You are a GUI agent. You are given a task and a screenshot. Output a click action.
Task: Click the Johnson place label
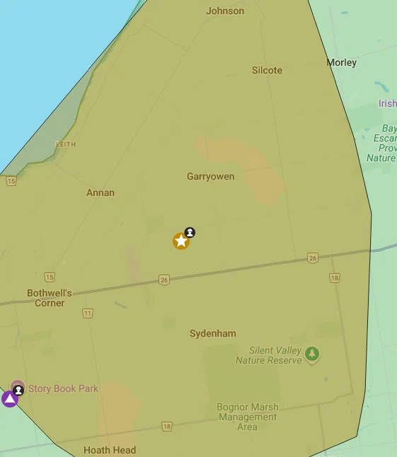pyautogui.click(x=225, y=11)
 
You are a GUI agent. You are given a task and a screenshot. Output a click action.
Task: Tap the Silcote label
pyautogui.click(x=267, y=70)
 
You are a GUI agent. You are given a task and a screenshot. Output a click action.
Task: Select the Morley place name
pyautogui.click(x=341, y=62)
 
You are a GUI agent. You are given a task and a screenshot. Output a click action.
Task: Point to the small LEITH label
pyautogui.click(x=65, y=144)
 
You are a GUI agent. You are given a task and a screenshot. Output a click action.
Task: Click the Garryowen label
pyautogui.click(x=210, y=176)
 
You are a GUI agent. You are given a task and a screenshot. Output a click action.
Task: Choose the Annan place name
pyautogui.click(x=100, y=192)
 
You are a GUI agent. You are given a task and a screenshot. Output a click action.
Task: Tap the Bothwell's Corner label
pyautogui.click(x=50, y=298)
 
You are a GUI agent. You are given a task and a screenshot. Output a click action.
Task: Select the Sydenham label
pyautogui.click(x=213, y=333)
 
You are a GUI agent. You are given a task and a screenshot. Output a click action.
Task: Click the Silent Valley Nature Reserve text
pyautogui.click(x=275, y=355)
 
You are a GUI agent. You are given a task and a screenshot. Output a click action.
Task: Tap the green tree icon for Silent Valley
pyautogui.click(x=312, y=353)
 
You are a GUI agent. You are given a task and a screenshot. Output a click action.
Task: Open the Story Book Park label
pyautogui.click(x=63, y=388)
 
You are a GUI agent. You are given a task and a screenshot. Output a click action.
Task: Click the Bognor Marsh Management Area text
pyautogui.click(x=248, y=417)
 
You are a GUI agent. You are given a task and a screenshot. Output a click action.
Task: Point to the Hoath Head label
pyautogui.click(x=110, y=450)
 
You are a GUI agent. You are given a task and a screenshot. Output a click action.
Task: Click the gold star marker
pyautogui.click(x=181, y=241)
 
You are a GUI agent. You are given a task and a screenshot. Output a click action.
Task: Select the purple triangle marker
pyautogui.click(x=9, y=399)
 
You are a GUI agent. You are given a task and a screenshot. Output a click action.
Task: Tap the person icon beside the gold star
pyautogui.click(x=190, y=232)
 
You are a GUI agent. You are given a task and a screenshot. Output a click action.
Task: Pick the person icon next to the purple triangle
pyautogui.click(x=18, y=390)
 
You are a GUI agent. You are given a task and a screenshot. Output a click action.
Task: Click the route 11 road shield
pyautogui.click(x=88, y=313)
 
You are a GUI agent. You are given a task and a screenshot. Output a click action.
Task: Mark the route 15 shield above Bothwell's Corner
pyautogui.click(x=49, y=277)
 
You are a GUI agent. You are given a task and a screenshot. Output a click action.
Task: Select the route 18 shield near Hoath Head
pyautogui.click(x=166, y=426)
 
